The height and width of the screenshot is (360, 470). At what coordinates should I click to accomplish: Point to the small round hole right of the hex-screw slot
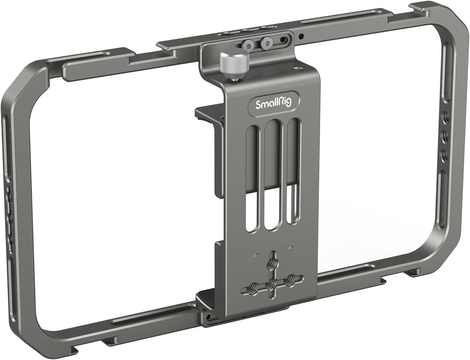[x=302, y=36]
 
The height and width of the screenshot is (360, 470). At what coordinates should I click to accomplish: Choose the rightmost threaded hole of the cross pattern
[x=289, y=279]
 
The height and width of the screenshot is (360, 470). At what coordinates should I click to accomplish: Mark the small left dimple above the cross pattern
[x=255, y=254]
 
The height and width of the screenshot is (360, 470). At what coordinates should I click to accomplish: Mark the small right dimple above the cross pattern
[x=290, y=247]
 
